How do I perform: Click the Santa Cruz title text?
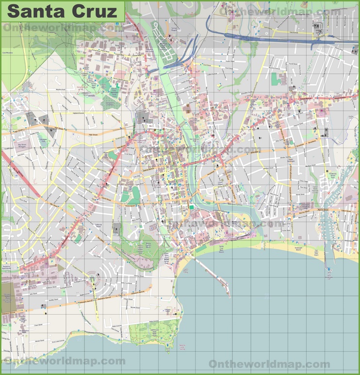(x=62, y=11)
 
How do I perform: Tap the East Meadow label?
(x=7, y=52)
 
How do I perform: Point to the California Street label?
(x=98, y=224)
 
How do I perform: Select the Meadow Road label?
(x=60, y=89)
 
